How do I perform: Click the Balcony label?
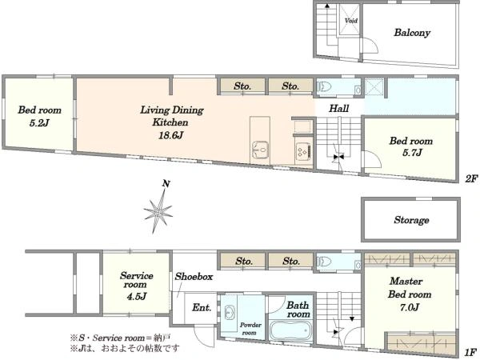click(x=412, y=33)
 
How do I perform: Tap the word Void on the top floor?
click(x=351, y=21)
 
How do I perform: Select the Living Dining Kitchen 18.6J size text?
click(x=170, y=135)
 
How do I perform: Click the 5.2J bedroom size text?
click(x=39, y=123)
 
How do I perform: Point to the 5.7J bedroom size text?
click(x=412, y=153)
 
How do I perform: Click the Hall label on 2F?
click(x=339, y=108)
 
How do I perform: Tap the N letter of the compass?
click(x=166, y=184)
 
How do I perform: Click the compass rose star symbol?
click(x=158, y=210)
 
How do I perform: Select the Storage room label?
click(x=411, y=220)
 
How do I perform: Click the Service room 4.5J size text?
click(x=137, y=296)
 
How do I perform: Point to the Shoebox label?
click(x=194, y=277)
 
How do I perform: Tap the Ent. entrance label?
click(x=202, y=307)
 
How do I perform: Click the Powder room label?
click(x=250, y=329)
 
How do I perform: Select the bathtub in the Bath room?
click(x=291, y=331)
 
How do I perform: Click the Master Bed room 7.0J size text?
click(x=410, y=307)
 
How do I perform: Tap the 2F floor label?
click(x=471, y=178)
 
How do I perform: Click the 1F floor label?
click(x=471, y=352)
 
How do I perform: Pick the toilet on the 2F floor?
click(x=324, y=87)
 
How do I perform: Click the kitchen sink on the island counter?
click(x=260, y=150)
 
